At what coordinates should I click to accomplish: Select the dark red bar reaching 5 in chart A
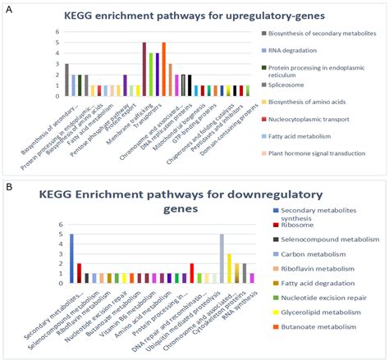[144, 69]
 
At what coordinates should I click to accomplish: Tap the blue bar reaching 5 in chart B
[71, 258]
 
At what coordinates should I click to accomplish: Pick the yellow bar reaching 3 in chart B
[230, 268]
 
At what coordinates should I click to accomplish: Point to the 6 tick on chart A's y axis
[57, 33]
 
